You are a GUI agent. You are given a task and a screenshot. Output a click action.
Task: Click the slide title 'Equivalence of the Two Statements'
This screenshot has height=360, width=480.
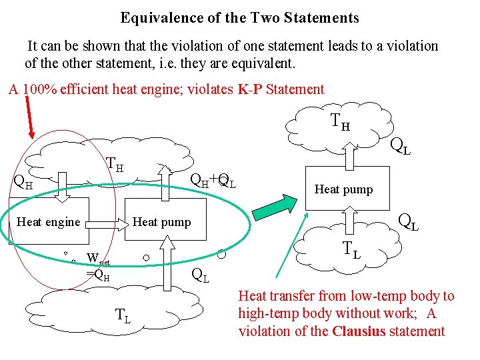239,18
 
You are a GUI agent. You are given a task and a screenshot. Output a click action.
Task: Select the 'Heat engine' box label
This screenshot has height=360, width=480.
48,222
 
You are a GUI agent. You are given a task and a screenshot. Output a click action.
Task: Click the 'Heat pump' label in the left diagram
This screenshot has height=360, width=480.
162,222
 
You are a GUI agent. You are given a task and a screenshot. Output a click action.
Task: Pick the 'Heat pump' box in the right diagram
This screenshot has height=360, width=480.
343,189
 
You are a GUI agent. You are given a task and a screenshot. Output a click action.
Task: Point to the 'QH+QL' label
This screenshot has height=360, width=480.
213,179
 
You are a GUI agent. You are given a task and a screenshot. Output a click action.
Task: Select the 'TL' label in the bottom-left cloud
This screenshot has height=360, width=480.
123,315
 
